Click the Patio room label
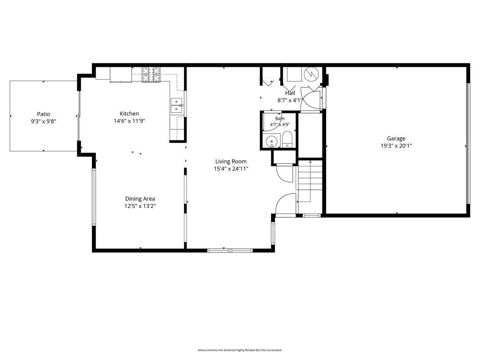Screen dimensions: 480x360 pyautogui.click(x=44, y=114)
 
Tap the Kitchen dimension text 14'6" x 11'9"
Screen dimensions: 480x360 pyautogui.click(x=130, y=121)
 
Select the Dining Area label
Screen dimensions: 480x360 pyautogui.click(x=140, y=199)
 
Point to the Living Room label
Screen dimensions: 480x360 pyautogui.click(x=231, y=161)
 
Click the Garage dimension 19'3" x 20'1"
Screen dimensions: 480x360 pyautogui.click(x=396, y=146)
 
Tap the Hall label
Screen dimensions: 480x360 pyautogui.click(x=290, y=93)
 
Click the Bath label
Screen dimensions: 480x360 pyautogui.click(x=280, y=118)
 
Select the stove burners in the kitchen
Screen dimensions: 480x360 pyautogui.click(x=151, y=74)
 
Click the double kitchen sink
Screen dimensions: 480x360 pyautogui.click(x=176, y=105)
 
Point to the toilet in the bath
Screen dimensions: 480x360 pyautogui.click(x=287, y=140)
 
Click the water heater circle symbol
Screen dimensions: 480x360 pyautogui.click(x=311, y=73)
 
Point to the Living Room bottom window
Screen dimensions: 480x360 pyautogui.click(x=230, y=250)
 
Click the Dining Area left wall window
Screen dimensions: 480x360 pyautogui.click(x=94, y=197)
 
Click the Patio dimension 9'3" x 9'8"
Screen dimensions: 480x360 pyautogui.click(x=44, y=121)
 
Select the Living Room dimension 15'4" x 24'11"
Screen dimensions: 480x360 pyautogui.click(x=231, y=169)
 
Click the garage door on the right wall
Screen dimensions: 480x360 pyautogui.click(x=468, y=143)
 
